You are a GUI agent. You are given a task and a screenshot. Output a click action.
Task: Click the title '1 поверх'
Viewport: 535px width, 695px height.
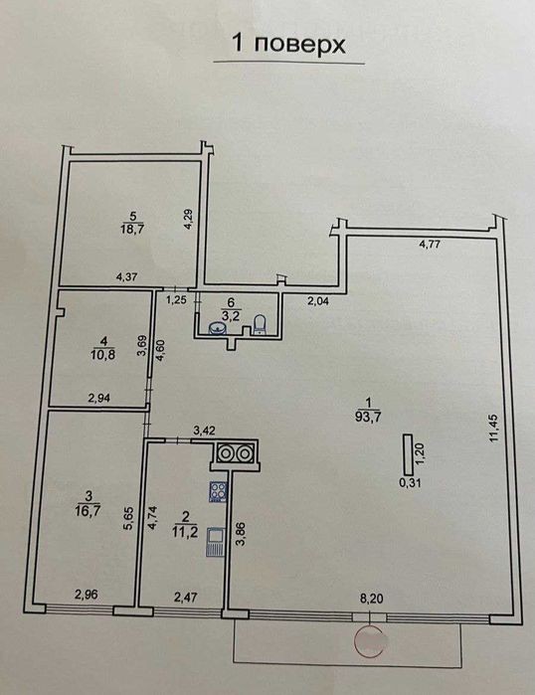click(x=288, y=45)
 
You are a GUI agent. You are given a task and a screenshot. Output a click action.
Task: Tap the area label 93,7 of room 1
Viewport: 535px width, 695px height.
click(x=368, y=416)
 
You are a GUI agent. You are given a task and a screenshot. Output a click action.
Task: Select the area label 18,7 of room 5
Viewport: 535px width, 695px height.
click(x=132, y=229)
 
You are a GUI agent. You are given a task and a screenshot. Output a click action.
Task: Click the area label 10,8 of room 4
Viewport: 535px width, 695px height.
click(x=104, y=355)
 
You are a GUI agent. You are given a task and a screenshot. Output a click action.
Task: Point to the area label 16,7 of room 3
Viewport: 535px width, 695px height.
click(x=89, y=510)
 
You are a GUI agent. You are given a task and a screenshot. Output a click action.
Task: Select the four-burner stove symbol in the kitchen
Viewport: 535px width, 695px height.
click(x=218, y=491)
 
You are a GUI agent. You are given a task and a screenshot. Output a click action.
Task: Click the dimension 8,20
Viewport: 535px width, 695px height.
click(x=372, y=599)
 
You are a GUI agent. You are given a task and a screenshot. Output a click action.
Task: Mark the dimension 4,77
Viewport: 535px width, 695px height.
click(x=430, y=244)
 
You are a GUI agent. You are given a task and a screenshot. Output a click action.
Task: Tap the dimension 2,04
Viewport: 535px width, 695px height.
click(x=318, y=302)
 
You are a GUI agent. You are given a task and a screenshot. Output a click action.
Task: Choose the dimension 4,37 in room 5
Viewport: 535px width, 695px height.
click(x=126, y=277)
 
